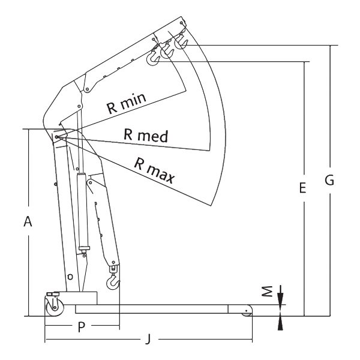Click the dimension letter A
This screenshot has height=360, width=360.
[28, 221]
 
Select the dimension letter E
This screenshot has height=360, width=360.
[303, 187]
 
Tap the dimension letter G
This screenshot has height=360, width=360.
[329, 180]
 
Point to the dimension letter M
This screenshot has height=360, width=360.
[267, 292]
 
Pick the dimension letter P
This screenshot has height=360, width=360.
[82, 327]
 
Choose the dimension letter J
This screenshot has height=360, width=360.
[149, 338]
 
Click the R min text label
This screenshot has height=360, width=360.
[126, 103]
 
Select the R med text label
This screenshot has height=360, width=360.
[146, 136]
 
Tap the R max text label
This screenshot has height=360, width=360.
[154, 170]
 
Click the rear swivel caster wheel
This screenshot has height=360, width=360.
[55, 308]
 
